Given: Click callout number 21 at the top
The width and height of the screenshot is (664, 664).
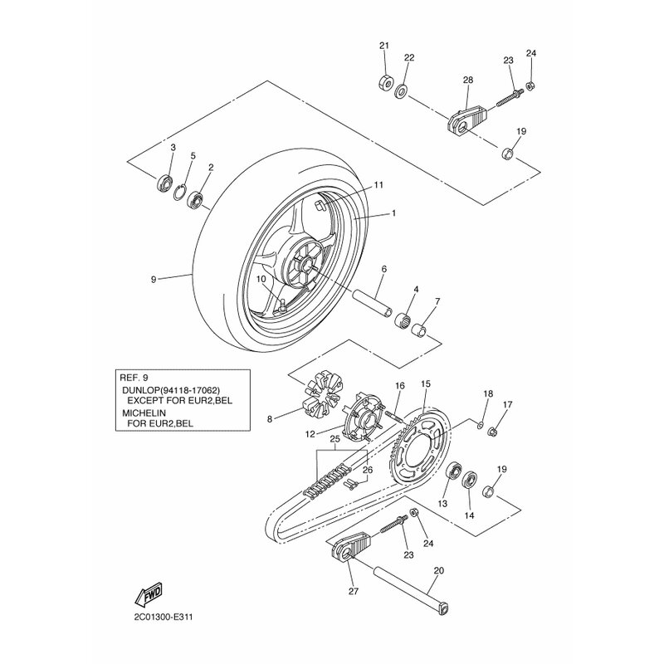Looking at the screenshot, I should [x=383, y=45].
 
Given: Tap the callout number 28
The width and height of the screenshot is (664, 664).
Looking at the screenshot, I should [x=467, y=80].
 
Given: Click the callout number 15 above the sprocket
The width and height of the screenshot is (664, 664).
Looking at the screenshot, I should [x=426, y=384].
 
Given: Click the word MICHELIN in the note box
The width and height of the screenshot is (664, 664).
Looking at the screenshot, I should [x=143, y=412].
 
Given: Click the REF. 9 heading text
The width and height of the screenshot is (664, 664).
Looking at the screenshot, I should [x=136, y=375].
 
